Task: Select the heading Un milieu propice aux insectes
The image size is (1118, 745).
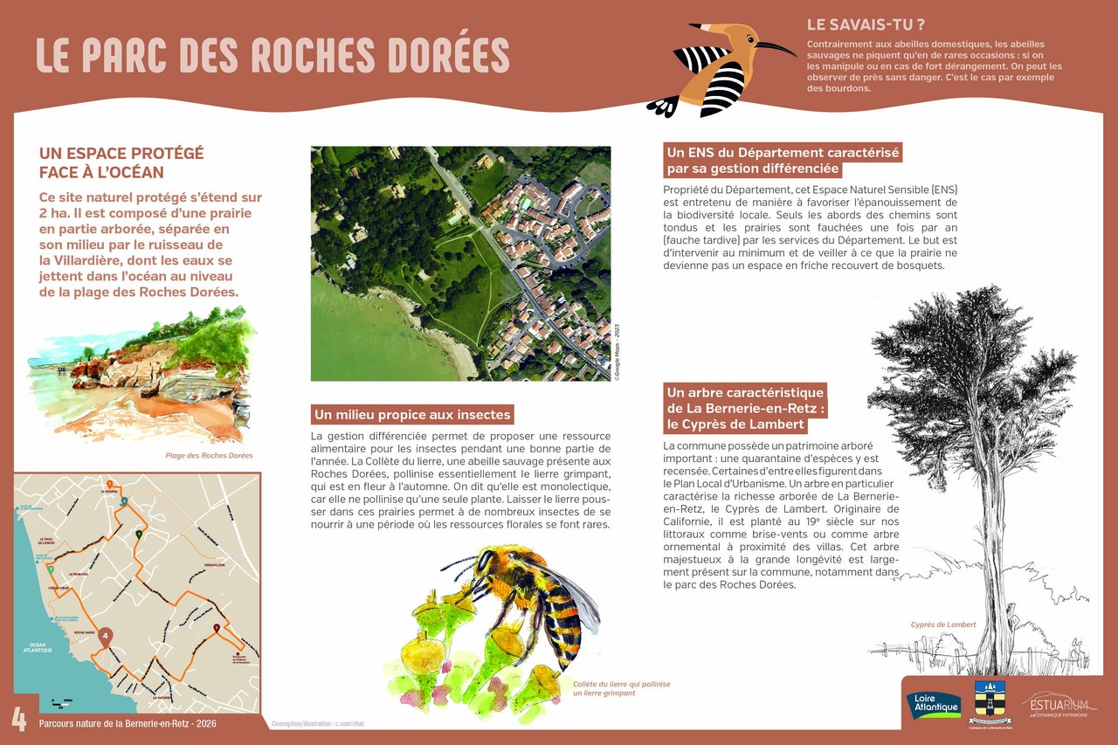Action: (x=412, y=414)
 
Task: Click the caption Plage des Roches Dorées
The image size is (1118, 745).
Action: (x=209, y=455)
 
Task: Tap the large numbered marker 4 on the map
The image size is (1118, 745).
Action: (x=106, y=637)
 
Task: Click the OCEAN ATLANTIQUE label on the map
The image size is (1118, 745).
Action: (x=38, y=649)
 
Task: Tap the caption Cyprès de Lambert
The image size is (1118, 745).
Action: (x=943, y=624)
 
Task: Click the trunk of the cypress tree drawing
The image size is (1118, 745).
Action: (x=988, y=603)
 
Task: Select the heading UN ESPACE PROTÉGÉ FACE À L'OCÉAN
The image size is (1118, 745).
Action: (x=121, y=162)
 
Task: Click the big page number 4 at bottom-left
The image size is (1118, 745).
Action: (x=18, y=720)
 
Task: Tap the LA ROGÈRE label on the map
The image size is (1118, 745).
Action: (x=109, y=493)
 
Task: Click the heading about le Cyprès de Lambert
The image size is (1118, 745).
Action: (x=745, y=408)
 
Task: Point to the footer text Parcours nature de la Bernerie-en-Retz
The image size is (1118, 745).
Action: (x=128, y=723)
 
